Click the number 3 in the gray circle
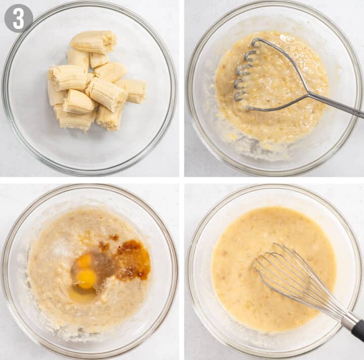pyautogui.click(x=18, y=18)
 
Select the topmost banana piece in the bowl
pyautogui.click(x=93, y=41)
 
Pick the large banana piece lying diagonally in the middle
pyautogui.click(x=106, y=94)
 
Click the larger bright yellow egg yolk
pyautogui.click(x=86, y=279)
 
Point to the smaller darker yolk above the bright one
pyautogui.click(x=84, y=260)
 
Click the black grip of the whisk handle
pyautogui.click(x=358, y=330)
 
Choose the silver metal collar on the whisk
pyautogui.click(x=349, y=321)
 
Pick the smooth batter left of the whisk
pyautogui.click(x=238, y=273)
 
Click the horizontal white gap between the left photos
pyautogui.click(x=89, y=180)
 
